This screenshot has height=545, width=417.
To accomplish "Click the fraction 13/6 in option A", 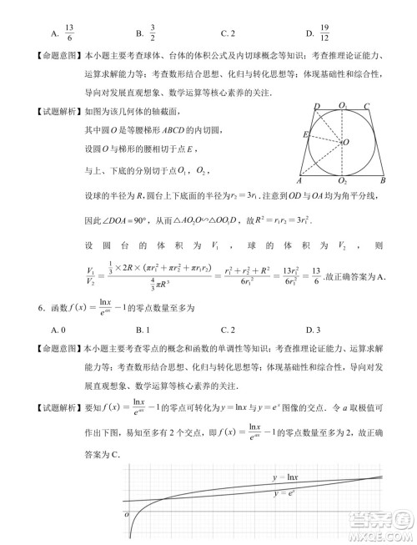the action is click(x=68, y=34).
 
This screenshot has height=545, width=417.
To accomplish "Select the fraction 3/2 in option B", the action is click(x=153, y=34).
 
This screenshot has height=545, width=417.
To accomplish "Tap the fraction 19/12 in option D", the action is click(x=324, y=34).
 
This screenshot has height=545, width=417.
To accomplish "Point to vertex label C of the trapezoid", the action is click(x=367, y=105).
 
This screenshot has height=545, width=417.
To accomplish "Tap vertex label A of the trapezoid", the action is click(x=299, y=180).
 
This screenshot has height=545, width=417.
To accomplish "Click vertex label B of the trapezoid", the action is click(x=382, y=180).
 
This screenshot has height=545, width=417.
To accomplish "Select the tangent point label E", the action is click(x=306, y=134).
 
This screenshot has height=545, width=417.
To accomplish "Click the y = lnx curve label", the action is click(x=286, y=477).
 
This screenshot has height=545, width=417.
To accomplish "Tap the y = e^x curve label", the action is click(x=285, y=493).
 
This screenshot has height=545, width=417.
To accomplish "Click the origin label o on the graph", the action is click(x=128, y=514).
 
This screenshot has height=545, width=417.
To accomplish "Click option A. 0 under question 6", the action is click(x=58, y=331).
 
